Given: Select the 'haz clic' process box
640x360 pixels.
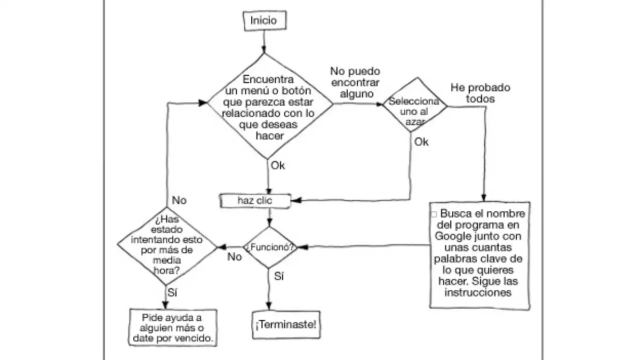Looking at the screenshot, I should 255,201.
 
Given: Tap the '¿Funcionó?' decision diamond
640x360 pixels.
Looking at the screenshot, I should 270,247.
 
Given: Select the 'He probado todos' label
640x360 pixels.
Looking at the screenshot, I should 480,93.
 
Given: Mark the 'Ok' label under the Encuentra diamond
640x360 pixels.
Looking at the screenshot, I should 278,165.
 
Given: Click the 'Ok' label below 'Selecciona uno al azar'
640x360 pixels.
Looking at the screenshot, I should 421,142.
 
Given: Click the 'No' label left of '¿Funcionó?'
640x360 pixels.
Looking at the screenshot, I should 235,257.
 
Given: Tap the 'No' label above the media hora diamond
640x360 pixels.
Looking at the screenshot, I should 179,201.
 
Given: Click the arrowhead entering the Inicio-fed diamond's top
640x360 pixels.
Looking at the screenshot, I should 263,50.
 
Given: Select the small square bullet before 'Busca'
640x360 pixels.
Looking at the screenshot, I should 434,214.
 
